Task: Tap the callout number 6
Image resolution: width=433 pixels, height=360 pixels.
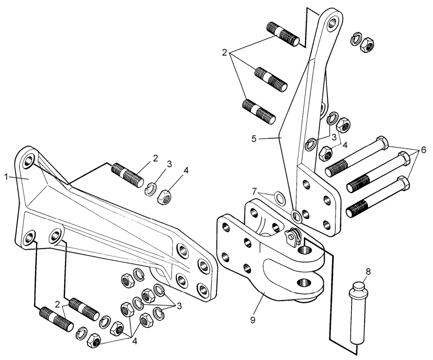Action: [x=423, y=150]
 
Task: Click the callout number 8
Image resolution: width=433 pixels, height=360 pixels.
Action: [x=368, y=272]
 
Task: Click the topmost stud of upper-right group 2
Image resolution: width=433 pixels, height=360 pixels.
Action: [x=282, y=34]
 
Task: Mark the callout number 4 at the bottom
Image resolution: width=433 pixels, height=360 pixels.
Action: [x=136, y=341]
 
